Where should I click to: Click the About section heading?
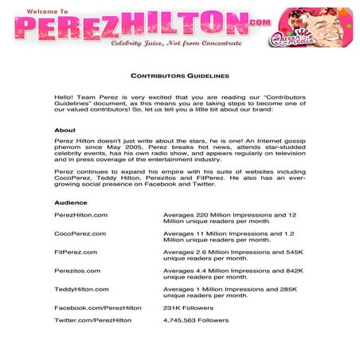tap(65, 130)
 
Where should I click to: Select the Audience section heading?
tap(70, 203)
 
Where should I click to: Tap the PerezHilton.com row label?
tap(80, 215)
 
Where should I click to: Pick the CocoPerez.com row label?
tap(80, 233)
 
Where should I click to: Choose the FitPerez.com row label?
tap(76, 252)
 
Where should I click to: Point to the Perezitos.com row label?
tap(77, 270)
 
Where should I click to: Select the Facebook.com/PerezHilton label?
tap(97, 307)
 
